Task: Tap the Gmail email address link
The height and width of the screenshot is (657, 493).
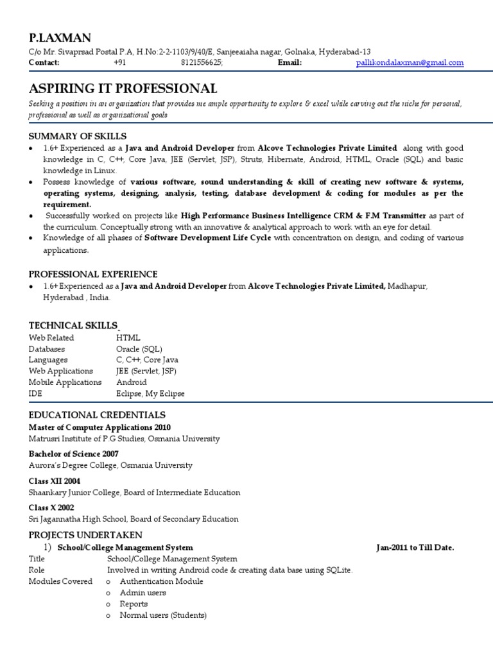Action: point(410,63)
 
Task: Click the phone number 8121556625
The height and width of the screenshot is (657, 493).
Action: point(202,63)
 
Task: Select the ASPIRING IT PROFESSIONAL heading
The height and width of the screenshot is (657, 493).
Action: point(123,89)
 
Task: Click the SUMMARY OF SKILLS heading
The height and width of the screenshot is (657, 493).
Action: point(78,136)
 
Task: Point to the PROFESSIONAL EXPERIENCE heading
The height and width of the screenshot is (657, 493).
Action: point(93,274)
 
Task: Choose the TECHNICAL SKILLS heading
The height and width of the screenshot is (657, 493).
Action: point(73,325)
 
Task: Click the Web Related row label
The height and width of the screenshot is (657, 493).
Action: point(51,337)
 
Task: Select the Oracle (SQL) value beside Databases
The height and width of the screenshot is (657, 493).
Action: point(139,349)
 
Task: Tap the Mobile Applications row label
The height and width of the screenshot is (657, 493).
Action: point(65,382)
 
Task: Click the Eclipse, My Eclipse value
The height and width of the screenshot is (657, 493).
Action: point(150,394)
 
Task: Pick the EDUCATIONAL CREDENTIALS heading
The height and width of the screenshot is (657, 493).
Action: point(97,415)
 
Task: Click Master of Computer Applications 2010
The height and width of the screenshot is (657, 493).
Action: point(99,427)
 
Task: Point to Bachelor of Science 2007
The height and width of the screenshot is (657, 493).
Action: point(73,454)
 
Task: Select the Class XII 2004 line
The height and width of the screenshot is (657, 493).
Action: point(55,481)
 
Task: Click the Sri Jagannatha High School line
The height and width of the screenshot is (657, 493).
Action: point(134,519)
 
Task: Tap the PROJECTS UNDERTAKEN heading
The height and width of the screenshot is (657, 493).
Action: point(85,535)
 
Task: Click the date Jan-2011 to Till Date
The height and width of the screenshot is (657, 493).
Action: point(415,547)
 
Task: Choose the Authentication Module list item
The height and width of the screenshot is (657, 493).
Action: point(161,581)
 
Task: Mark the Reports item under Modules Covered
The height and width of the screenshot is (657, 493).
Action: point(134,604)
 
